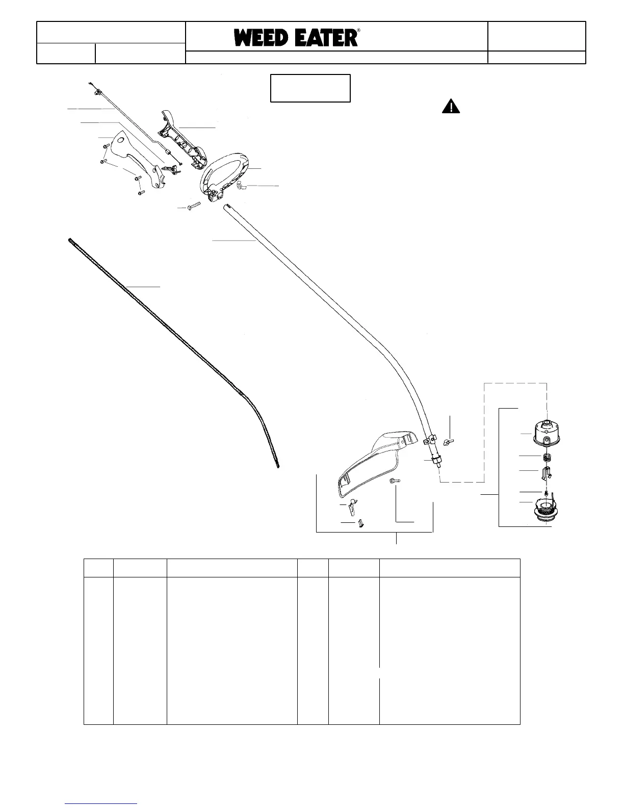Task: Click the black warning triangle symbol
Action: [451, 107]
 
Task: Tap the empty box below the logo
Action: [310, 88]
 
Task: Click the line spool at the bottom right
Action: [549, 510]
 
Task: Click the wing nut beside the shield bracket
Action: [449, 441]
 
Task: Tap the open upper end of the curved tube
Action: [226, 207]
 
